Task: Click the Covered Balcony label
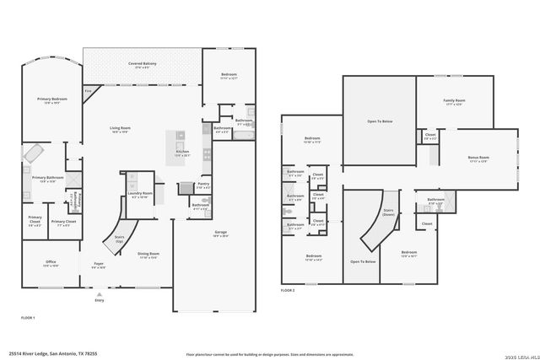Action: (x=141, y=65)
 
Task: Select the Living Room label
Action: (x=118, y=129)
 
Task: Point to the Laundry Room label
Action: (x=140, y=195)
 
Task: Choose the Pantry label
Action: (x=202, y=185)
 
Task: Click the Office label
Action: (x=51, y=263)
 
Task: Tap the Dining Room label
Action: (x=148, y=254)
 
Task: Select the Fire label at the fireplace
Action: (x=88, y=91)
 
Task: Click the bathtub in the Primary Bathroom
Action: (x=35, y=154)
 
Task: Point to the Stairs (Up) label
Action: (x=120, y=239)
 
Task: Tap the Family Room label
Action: (x=454, y=102)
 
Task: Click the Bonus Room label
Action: (x=478, y=158)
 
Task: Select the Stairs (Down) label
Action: (x=389, y=213)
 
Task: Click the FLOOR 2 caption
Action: (x=288, y=290)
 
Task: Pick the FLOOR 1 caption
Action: (x=28, y=317)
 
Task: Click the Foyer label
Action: (x=99, y=265)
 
